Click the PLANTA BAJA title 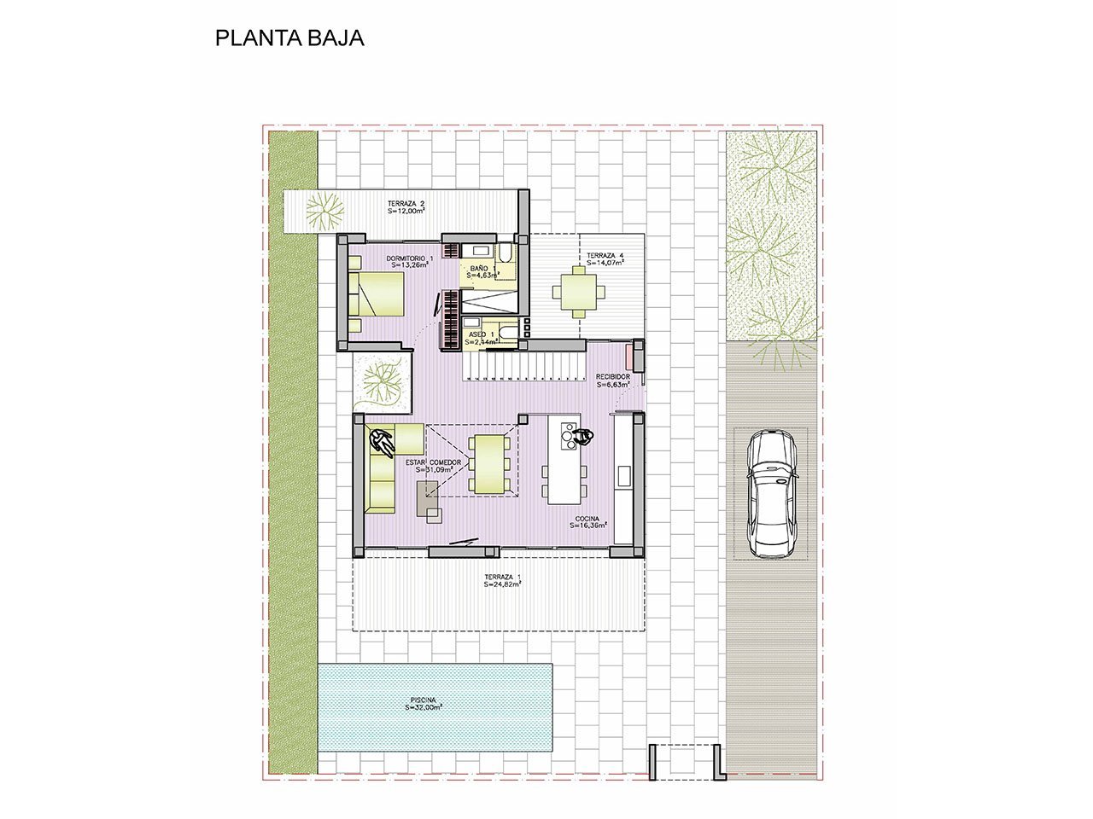tap(289, 38)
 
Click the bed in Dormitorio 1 tap(377, 294)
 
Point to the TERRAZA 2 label tap(406, 203)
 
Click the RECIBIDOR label tap(612, 376)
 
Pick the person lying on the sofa tap(382, 441)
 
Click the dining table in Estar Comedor tap(489, 464)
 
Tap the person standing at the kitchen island tap(584, 437)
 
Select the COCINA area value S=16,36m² tap(588, 526)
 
